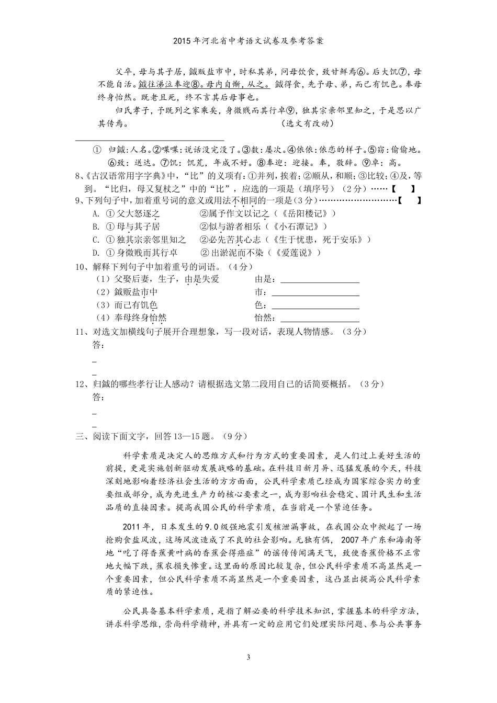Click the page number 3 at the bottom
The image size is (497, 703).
(x=249, y=657)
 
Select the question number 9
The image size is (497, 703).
(x=78, y=201)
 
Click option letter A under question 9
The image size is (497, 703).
(x=96, y=213)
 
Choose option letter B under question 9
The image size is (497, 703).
(x=96, y=226)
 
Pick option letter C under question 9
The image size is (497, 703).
(x=96, y=240)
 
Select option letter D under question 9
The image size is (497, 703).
(x=96, y=253)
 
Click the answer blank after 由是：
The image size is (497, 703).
(x=320, y=279)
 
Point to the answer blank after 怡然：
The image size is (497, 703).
(x=320, y=318)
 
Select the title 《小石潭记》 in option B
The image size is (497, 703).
(x=296, y=226)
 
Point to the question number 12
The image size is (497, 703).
(x=81, y=384)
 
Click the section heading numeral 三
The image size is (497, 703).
(x=80, y=436)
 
